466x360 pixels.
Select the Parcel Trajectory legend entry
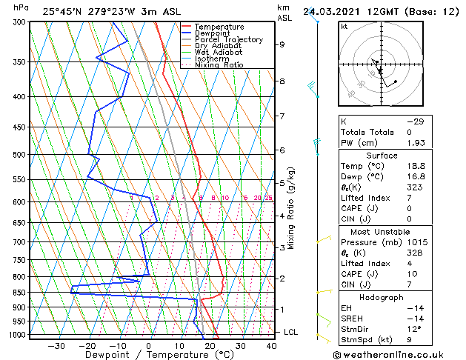pos(228,39)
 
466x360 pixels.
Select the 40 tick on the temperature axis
pos(271,345)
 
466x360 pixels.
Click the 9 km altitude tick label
pos(282,44)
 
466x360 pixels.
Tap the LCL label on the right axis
pos(291,332)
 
